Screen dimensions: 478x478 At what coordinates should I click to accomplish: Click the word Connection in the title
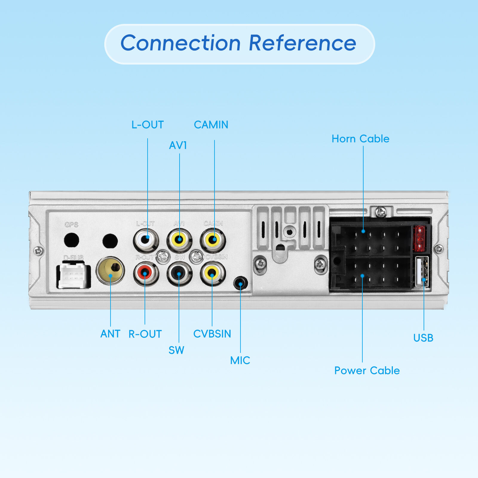pyautogui.click(x=180, y=43)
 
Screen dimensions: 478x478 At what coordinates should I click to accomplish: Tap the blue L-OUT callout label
pyautogui.click(x=148, y=125)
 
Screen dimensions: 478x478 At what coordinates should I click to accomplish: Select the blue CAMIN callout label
pyautogui.click(x=211, y=125)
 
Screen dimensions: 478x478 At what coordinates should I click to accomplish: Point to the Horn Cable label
pyautogui.click(x=360, y=139)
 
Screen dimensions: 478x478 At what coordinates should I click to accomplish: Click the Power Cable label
pyautogui.click(x=367, y=371)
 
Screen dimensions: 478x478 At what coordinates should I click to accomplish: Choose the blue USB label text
pyautogui.click(x=423, y=338)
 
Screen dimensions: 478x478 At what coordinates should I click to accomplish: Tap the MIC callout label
pyautogui.click(x=240, y=360)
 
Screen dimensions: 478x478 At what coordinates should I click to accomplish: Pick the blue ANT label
pyautogui.click(x=110, y=334)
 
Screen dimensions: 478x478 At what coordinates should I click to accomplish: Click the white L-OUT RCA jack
pyautogui.click(x=146, y=239)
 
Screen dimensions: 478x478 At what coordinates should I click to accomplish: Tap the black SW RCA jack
pyautogui.click(x=179, y=273)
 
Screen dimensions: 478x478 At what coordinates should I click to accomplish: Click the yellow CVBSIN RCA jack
pyautogui.click(x=212, y=272)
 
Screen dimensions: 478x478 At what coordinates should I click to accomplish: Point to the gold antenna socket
pyautogui.click(x=110, y=270)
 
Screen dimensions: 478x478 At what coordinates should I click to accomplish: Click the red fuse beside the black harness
pyautogui.click(x=419, y=238)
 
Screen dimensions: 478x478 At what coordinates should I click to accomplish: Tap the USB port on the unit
pyautogui.click(x=422, y=272)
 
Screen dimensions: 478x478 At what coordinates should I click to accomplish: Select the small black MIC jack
pyautogui.click(x=240, y=283)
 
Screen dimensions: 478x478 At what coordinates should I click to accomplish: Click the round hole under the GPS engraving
pyautogui.click(x=71, y=240)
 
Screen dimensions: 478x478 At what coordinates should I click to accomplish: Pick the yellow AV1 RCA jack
pyautogui.click(x=179, y=239)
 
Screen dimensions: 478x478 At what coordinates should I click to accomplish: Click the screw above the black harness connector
pyautogui.click(x=381, y=212)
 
